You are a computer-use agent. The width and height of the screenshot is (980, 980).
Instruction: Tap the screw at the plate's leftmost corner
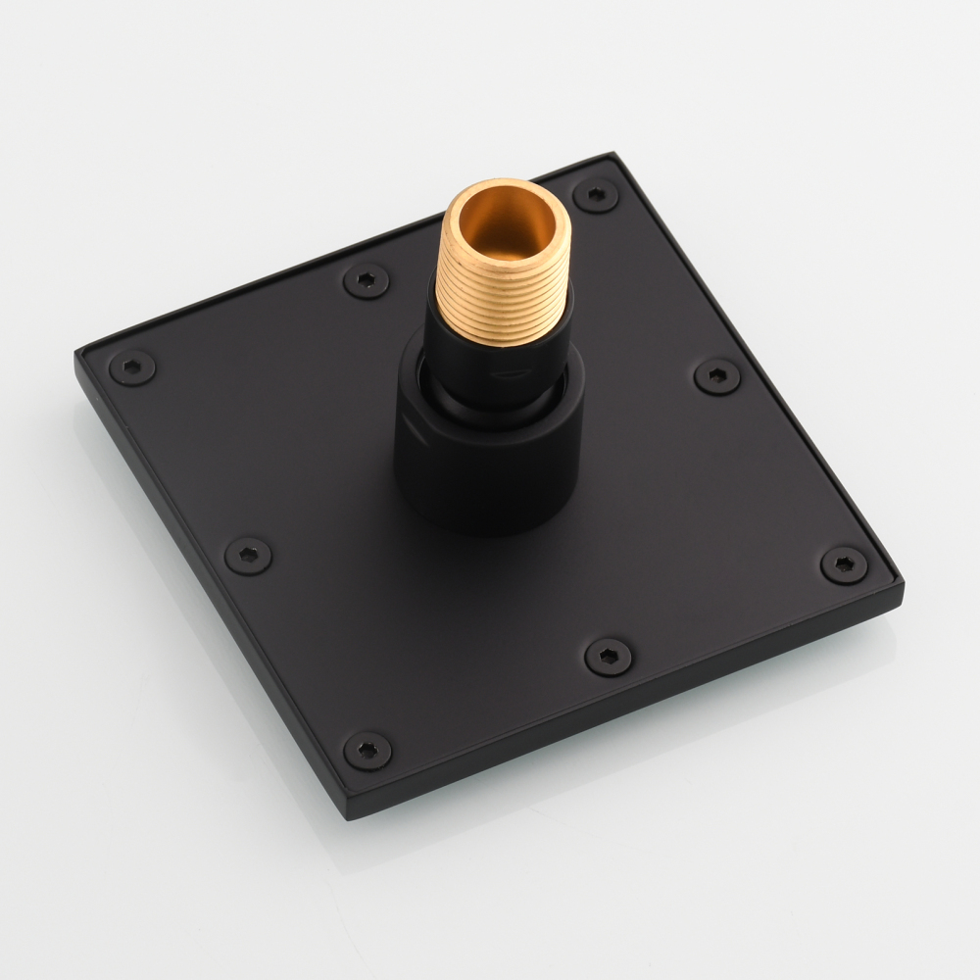pos(132,367)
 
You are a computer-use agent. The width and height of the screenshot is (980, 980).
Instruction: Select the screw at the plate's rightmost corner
pos(843,564)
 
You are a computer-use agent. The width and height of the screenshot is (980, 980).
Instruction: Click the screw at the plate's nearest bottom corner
pos(367,750)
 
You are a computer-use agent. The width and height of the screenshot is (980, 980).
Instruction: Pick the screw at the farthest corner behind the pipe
pos(596,193)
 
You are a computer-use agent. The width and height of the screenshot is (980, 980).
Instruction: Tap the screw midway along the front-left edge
pos(248,555)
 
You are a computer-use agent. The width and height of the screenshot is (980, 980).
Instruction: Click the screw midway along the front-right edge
pos(607,656)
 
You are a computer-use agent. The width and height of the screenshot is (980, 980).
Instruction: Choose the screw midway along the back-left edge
pos(366,281)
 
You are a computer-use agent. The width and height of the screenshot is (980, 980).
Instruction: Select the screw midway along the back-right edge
pos(717,376)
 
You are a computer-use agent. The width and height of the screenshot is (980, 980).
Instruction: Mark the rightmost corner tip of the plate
pos(903,586)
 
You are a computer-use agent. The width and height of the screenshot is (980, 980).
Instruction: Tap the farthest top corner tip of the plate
pos(612,154)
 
